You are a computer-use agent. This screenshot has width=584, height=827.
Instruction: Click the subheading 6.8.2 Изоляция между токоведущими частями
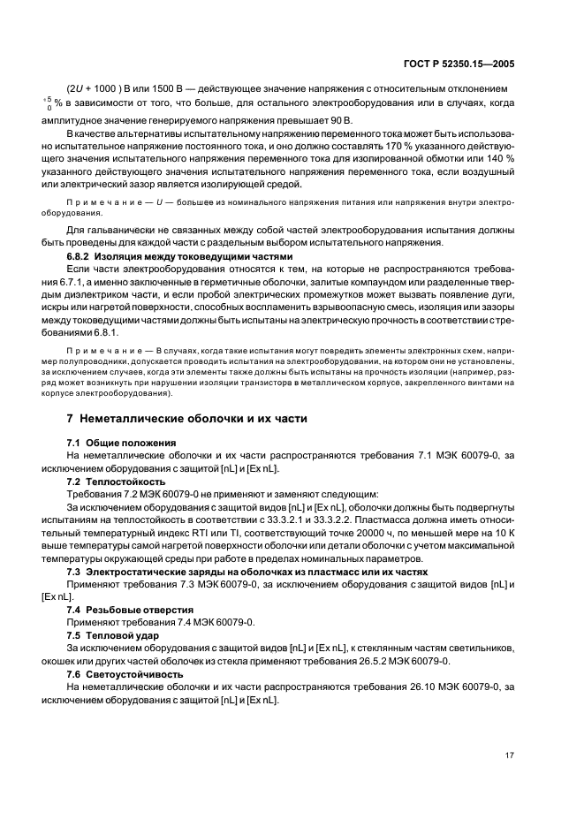(x=173, y=255)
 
